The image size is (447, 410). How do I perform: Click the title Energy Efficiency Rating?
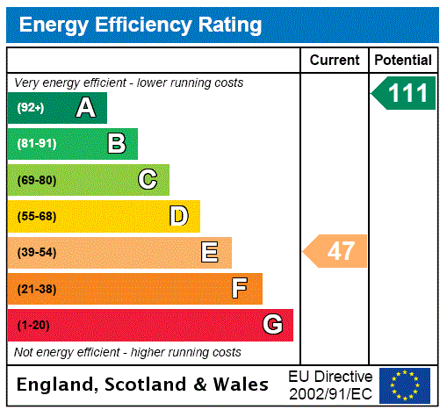click(x=141, y=25)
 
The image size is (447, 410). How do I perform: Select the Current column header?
click(x=335, y=60)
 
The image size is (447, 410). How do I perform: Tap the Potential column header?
click(x=403, y=60)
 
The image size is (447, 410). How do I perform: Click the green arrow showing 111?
click(x=405, y=93)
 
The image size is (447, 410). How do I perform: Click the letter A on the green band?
click(x=85, y=108)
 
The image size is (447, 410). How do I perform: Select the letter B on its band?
click(x=117, y=144)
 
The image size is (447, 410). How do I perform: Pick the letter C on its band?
click(x=148, y=180)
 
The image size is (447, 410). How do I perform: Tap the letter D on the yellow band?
click(x=178, y=216)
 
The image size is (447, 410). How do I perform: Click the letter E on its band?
click(x=210, y=253)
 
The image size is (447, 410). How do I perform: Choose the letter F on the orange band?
click(x=240, y=289)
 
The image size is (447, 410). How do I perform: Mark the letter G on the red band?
click(x=272, y=325)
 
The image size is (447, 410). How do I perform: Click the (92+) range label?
click(x=31, y=108)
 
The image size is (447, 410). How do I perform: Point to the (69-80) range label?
click(x=36, y=181)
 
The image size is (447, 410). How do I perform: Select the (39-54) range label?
click(x=36, y=253)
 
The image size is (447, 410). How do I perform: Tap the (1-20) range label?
click(x=33, y=326)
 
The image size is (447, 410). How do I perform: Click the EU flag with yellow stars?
click(x=405, y=385)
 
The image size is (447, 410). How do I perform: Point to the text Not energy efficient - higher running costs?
click(x=128, y=352)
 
